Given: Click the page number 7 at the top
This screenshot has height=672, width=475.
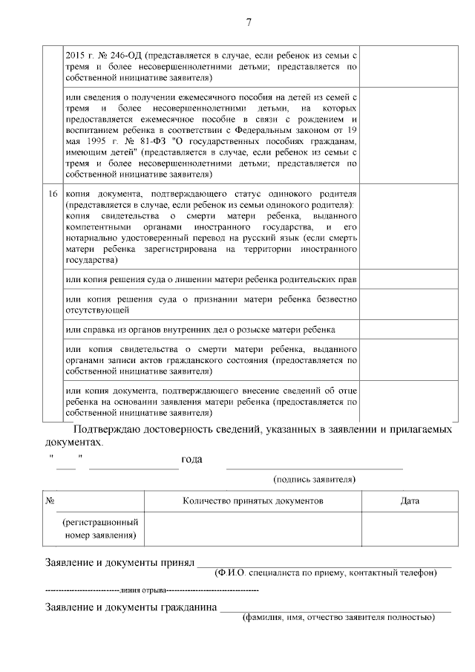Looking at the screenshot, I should [x=248, y=23].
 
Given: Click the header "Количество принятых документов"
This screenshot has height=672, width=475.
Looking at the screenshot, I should [x=253, y=501].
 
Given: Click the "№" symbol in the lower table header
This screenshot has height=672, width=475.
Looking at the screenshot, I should [x=50, y=501].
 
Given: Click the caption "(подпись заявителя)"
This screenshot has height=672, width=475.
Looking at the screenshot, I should [x=314, y=480].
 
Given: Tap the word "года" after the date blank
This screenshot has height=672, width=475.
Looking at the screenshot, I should [x=191, y=460].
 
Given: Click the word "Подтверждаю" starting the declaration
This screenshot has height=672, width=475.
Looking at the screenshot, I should [x=110, y=429].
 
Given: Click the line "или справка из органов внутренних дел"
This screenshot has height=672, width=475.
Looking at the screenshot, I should [x=200, y=329].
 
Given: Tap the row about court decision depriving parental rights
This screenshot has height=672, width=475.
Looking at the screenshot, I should [x=211, y=279].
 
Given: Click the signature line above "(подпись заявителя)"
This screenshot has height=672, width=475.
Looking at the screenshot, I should [x=314, y=468].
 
